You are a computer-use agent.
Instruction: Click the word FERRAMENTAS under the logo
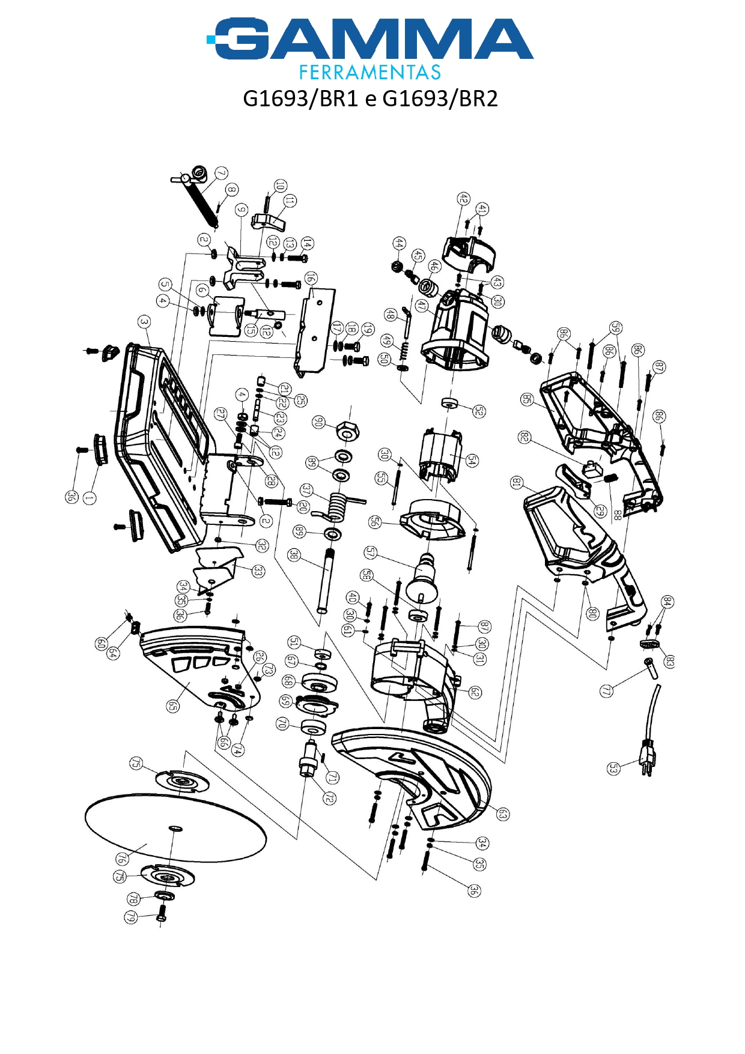[370, 73]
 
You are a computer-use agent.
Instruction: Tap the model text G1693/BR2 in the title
[440, 98]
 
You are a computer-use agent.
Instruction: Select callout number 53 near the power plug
[613, 768]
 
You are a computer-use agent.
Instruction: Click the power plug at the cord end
[648, 759]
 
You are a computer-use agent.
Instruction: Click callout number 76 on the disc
[123, 859]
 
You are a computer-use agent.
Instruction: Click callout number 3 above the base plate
[144, 322]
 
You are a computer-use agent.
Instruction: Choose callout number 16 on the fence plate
[310, 278]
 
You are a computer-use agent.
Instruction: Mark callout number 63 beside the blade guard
[503, 814]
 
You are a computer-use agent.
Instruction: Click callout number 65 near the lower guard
[172, 706]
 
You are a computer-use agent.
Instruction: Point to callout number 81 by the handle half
[517, 482]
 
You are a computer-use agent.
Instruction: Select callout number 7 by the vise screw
[222, 173]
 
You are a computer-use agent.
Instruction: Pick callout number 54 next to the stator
[472, 461]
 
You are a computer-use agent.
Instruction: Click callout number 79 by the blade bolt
[130, 917]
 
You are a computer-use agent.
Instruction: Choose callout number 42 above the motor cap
[463, 198]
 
